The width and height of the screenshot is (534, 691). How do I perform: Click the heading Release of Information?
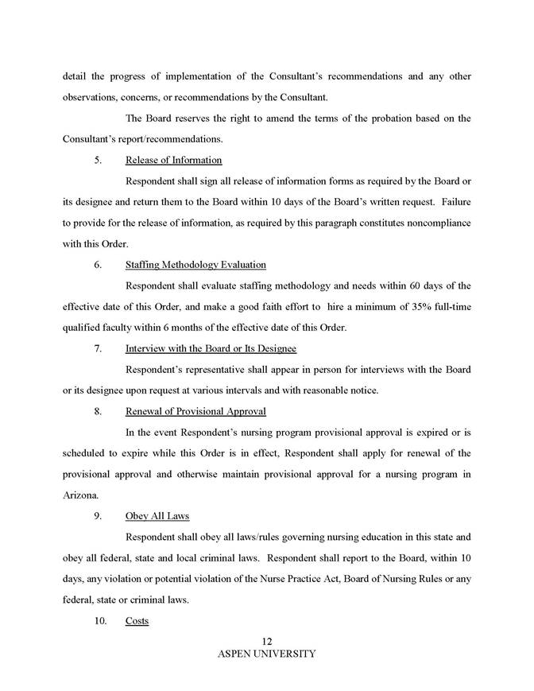coord(173,161)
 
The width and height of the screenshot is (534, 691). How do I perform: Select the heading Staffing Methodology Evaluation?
coord(195,265)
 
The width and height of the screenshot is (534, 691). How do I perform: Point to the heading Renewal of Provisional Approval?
coord(195,411)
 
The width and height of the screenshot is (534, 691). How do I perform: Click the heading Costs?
coord(137,620)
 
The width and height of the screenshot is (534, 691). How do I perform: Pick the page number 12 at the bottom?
coord(266,642)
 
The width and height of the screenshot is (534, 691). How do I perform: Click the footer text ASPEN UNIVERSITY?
coord(266,654)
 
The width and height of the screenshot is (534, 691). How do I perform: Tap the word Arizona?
coord(80,495)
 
